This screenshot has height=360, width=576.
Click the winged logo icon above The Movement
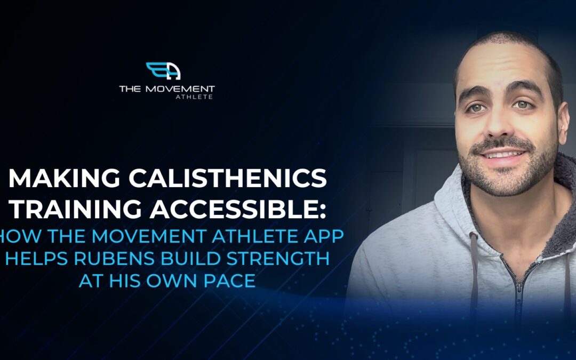pyautogui.click(x=163, y=71)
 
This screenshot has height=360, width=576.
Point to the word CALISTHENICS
pyautogui.click(x=228, y=178)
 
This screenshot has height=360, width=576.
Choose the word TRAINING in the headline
pyautogui.click(x=75, y=209)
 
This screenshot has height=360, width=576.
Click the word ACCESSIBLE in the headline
pyautogui.click(x=232, y=209)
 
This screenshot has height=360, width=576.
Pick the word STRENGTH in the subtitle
pyautogui.click(x=278, y=259)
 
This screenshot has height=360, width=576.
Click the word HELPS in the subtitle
pyautogui.click(x=36, y=259)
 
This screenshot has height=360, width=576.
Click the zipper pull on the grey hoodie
pyautogui.click(x=519, y=294)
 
